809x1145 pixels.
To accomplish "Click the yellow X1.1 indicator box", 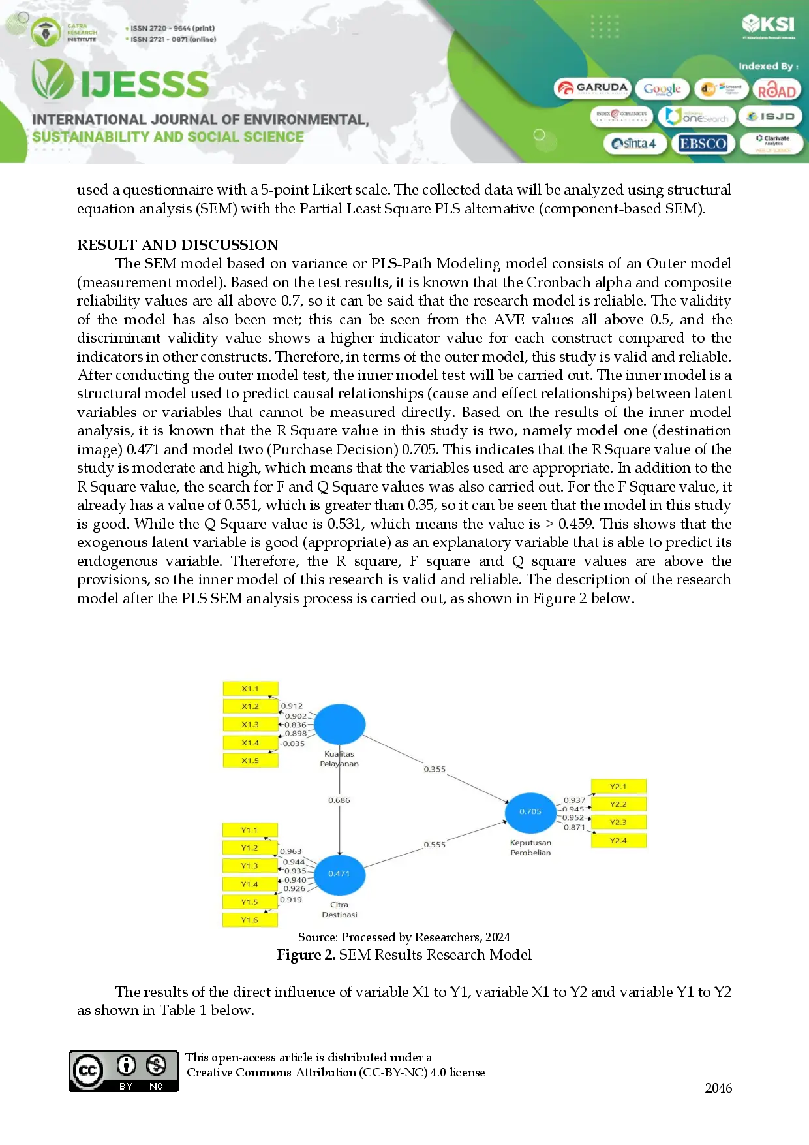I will tap(251, 689).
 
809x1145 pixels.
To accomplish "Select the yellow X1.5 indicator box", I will tap(251, 761).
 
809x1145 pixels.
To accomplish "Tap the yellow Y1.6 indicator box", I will tap(250, 920).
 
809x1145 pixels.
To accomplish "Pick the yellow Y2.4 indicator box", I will tap(618, 841).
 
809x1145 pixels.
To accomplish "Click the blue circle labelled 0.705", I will tap(530, 812).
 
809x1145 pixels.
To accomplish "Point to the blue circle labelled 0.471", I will tap(339, 874).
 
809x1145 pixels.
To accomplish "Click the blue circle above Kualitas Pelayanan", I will tap(339, 724).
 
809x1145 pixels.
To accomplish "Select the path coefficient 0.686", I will tap(339, 800).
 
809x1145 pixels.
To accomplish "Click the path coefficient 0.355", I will tap(435, 770).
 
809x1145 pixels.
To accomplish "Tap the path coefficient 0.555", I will tap(435, 845).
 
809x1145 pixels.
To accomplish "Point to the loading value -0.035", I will tap(293, 744).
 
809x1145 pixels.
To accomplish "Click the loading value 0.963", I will tap(291, 851).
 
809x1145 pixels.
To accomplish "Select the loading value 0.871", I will tap(574, 827).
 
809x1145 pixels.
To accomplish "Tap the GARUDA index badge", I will tap(592, 88).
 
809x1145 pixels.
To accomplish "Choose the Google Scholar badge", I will tap(662, 89).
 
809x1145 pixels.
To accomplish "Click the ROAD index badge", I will tap(776, 90).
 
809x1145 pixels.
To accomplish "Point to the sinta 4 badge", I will tap(634, 144).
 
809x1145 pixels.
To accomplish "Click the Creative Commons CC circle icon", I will tap(88, 1071).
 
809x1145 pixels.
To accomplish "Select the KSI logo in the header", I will tap(769, 25).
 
